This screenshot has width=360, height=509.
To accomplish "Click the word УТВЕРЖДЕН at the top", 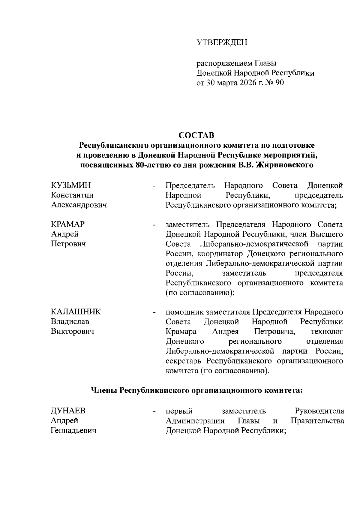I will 222,43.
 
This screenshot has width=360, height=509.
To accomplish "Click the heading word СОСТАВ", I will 196,135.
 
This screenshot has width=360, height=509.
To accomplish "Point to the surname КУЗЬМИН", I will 71,185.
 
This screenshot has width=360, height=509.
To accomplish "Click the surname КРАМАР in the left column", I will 68,224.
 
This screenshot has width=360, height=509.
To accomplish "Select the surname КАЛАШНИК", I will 76,312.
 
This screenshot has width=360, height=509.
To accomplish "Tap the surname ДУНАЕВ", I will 70,411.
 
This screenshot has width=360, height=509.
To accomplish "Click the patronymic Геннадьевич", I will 73,431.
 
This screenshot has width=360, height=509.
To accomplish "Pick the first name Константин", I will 72,195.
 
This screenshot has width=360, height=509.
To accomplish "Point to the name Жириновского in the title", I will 284,165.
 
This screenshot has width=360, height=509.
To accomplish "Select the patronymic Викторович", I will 72,331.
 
